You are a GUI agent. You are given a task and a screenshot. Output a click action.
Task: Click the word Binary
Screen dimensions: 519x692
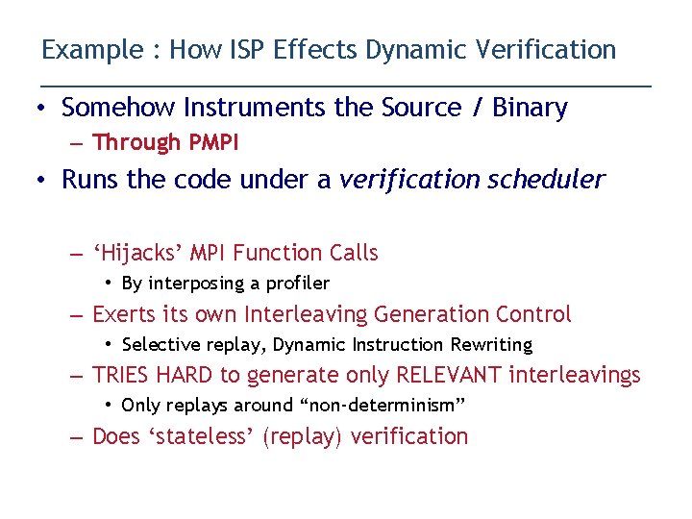click(530, 108)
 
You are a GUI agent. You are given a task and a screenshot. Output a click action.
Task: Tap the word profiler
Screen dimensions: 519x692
click(297, 284)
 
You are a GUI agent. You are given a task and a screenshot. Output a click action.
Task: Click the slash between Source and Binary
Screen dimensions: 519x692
click(478, 108)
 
